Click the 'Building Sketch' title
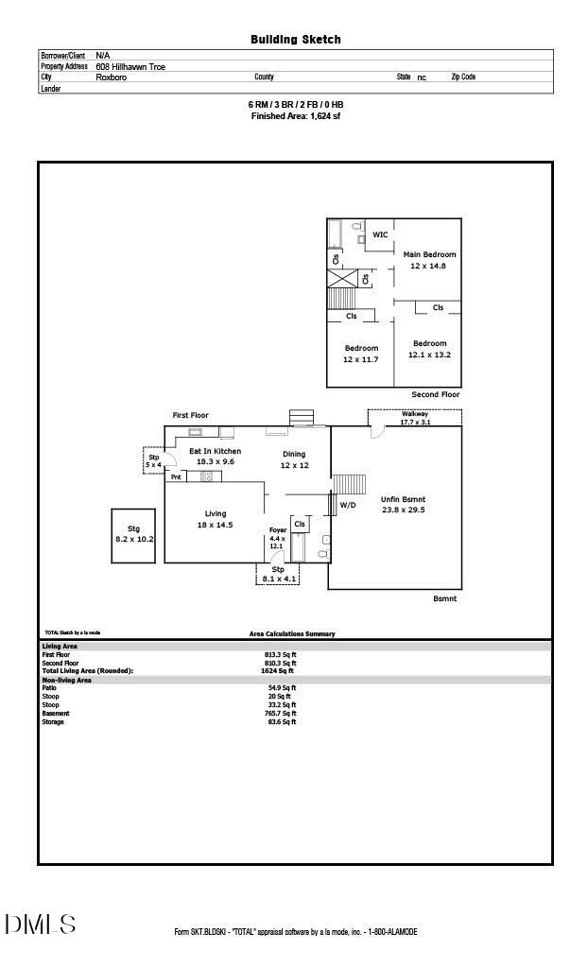click(x=295, y=40)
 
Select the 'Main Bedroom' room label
click(x=429, y=254)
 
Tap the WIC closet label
click(x=380, y=234)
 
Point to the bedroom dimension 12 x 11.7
click(x=360, y=359)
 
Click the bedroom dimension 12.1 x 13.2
click(x=429, y=354)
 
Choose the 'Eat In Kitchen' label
click(x=215, y=451)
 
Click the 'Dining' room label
click(x=294, y=454)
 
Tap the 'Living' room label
click(x=215, y=513)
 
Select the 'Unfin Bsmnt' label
click(x=403, y=498)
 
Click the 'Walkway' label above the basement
click(x=415, y=413)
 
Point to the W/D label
click(x=348, y=505)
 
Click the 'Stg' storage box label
click(x=133, y=528)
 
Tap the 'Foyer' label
click(x=277, y=530)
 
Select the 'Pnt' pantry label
click(x=176, y=477)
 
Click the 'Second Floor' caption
click(x=435, y=393)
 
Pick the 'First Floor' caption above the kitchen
click(x=190, y=415)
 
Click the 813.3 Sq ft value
click(x=280, y=654)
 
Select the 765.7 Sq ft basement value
click(x=280, y=714)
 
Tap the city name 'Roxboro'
click(x=111, y=78)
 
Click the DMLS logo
click(x=40, y=924)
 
